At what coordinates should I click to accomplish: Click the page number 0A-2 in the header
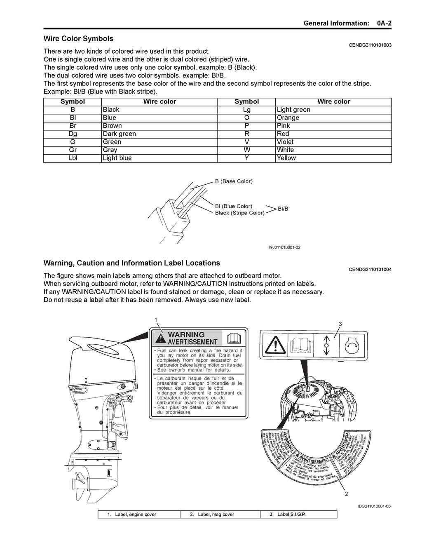pyautogui.click(x=384, y=23)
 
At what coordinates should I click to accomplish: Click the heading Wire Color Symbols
pyautogui.click(x=78, y=39)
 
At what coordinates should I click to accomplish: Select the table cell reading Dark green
pyautogui.click(x=119, y=134)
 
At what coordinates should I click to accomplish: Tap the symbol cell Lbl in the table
pyautogui.click(x=73, y=158)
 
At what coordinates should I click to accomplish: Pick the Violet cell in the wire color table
pyautogui.click(x=285, y=142)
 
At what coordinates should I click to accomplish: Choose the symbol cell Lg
pyautogui.click(x=246, y=110)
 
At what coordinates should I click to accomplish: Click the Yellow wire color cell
pyautogui.click(x=286, y=158)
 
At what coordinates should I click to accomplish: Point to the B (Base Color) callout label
pyautogui.click(x=234, y=181)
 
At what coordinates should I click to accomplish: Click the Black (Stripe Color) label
pyautogui.click(x=239, y=213)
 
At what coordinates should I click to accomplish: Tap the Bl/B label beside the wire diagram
pyautogui.click(x=283, y=209)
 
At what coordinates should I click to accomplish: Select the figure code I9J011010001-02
pyautogui.click(x=284, y=247)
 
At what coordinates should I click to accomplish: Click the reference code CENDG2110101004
pyautogui.click(x=370, y=270)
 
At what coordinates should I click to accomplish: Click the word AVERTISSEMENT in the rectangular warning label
pyautogui.click(x=192, y=342)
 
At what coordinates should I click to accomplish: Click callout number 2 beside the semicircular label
pyautogui.click(x=346, y=494)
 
